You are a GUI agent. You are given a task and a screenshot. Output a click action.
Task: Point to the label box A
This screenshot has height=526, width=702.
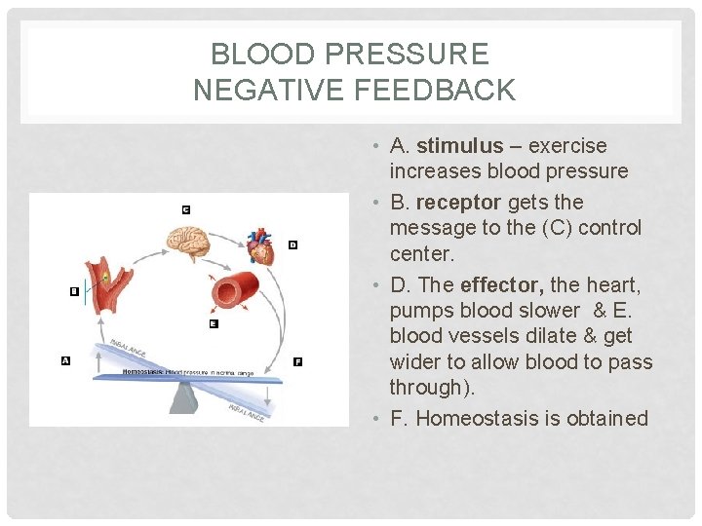65,360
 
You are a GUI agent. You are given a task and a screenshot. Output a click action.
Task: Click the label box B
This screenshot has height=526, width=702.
74,291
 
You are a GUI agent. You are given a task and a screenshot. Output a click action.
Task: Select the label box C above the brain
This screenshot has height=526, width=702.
185,209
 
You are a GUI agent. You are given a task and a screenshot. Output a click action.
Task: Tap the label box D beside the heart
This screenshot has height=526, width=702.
292,245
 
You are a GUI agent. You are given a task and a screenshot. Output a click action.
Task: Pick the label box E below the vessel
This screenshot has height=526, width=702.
214,323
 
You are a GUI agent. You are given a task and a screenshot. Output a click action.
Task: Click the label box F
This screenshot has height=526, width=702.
297,361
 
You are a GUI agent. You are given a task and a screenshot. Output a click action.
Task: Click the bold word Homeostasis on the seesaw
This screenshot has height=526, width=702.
142,372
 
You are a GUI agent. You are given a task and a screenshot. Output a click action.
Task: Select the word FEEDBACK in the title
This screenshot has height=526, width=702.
436,91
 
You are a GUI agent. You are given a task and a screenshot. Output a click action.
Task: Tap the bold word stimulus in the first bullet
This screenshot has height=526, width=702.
459,146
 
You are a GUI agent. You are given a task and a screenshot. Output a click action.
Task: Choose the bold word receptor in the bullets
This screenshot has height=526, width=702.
458,203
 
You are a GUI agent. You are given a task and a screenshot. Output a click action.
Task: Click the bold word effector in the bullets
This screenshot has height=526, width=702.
501,285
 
